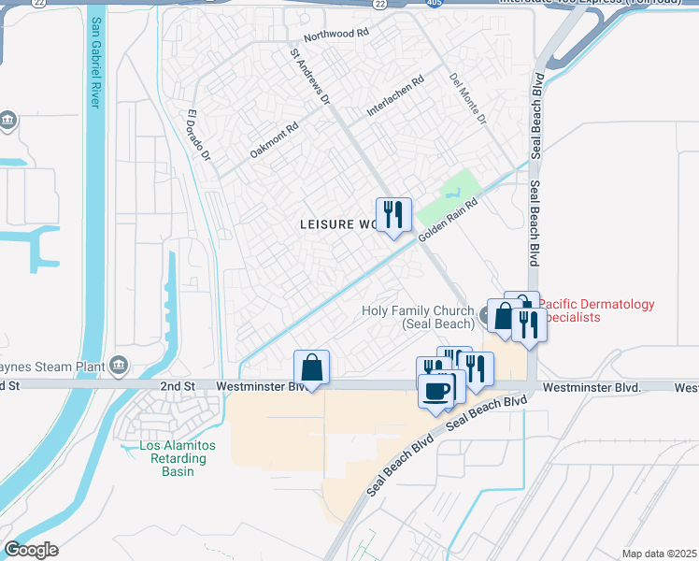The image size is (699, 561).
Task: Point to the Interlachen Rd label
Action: (395, 96)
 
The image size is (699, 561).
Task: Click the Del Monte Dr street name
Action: (468, 99)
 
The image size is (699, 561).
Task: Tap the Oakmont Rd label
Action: (274, 139)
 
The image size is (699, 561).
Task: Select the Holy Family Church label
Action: (419, 317)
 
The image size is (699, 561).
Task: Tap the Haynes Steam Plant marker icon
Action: (119, 364)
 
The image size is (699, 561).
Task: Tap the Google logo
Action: (31, 550)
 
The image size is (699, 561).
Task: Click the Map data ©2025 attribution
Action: (658, 554)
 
